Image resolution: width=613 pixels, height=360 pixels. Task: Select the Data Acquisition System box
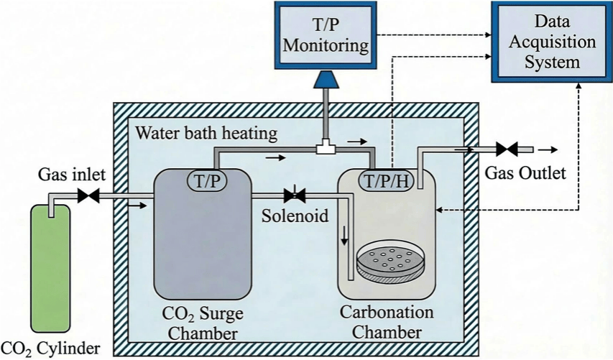click(x=551, y=42)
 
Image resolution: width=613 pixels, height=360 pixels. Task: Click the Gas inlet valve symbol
click(x=89, y=195)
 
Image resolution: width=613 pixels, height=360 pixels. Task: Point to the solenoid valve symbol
click(x=295, y=195)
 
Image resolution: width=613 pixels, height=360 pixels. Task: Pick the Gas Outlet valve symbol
click(x=506, y=150)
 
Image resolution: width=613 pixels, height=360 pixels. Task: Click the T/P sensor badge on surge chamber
click(x=207, y=179)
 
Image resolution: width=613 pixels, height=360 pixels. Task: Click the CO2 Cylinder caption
click(x=51, y=349)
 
